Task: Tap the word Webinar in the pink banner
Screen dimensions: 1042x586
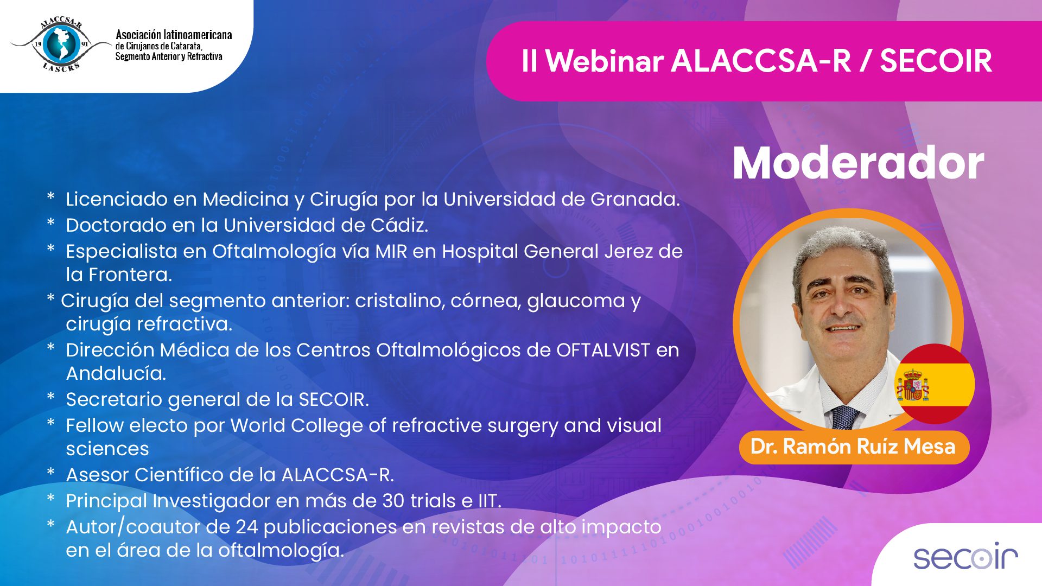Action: tap(604, 61)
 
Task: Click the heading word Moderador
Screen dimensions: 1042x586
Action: tap(858, 163)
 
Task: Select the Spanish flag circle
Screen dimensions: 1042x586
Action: tap(935, 384)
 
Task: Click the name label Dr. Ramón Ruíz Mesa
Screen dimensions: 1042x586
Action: tap(853, 447)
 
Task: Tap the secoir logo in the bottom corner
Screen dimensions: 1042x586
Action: tap(965, 557)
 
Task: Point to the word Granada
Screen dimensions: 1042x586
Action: tap(635, 199)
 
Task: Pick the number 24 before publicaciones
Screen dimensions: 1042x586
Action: tap(246, 527)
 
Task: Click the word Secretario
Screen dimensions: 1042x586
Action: tap(114, 400)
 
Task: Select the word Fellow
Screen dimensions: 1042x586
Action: tap(94, 426)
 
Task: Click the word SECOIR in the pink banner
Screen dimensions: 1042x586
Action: tap(936, 61)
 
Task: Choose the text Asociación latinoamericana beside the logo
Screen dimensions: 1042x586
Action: tap(174, 35)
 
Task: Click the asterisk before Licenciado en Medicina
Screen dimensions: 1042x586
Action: tap(51, 196)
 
